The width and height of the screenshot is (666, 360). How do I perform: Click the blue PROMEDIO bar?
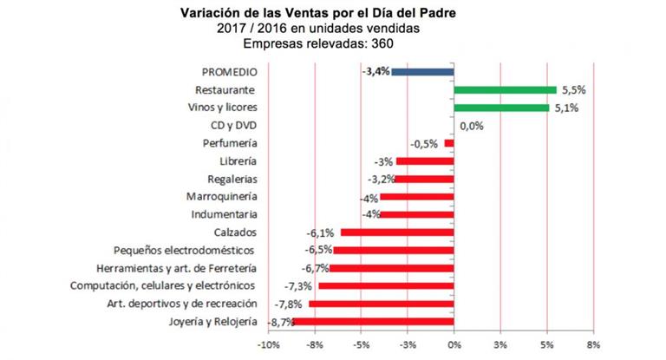422,72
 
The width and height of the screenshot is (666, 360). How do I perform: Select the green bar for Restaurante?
505,90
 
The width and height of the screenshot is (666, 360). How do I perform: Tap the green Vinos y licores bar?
501,108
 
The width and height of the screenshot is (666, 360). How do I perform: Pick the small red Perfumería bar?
449,143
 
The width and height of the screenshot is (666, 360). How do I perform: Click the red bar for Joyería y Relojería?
374,322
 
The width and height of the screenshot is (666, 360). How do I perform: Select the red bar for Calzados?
397,232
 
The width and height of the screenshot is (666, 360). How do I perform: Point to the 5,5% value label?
574,90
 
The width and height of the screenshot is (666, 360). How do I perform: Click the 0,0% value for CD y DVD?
472,126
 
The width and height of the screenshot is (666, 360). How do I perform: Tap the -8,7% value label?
281,323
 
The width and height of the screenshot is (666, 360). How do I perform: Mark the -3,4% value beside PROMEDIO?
375,71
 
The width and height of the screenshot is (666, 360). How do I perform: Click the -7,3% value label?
298,286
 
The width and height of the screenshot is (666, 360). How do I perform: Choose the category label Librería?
238,161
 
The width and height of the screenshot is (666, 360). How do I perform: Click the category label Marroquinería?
222,197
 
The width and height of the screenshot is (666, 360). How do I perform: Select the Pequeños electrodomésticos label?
184,251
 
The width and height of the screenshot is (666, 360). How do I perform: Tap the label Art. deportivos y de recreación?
182,304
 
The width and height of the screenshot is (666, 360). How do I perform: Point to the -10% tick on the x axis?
269,344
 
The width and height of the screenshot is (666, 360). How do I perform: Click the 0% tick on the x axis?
454,344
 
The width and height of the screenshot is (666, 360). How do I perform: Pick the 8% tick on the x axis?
593,344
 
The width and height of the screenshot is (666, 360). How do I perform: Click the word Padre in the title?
438,13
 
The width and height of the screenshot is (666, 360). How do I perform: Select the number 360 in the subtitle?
382,43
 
